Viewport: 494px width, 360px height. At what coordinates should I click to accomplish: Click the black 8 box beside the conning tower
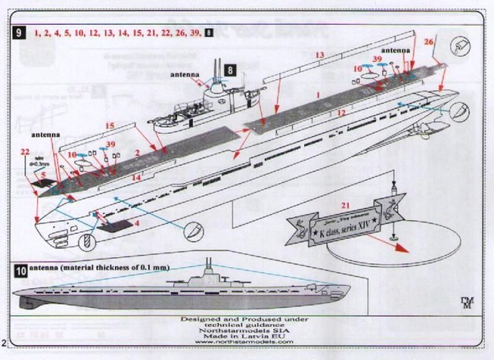pos(230,70)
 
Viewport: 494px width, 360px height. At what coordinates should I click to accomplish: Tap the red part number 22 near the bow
pos(25,151)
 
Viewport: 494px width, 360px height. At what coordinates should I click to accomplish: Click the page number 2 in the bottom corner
pos(5,341)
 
